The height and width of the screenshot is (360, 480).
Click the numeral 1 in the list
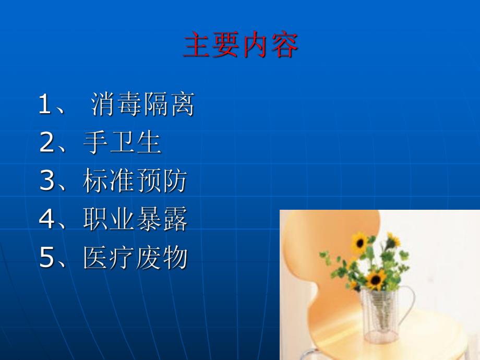point(45,104)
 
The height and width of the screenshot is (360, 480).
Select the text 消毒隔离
point(142,104)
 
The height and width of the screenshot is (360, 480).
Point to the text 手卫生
point(122,143)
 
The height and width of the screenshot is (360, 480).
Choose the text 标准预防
point(135,182)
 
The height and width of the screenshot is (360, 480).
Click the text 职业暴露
point(135,220)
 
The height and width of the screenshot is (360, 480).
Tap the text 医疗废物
point(135,258)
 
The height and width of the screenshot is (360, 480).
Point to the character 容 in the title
point(284,46)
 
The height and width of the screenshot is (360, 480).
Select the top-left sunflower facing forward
point(359,242)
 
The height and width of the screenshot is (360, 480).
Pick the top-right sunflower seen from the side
point(393,240)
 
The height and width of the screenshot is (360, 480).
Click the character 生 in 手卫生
point(148,143)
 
